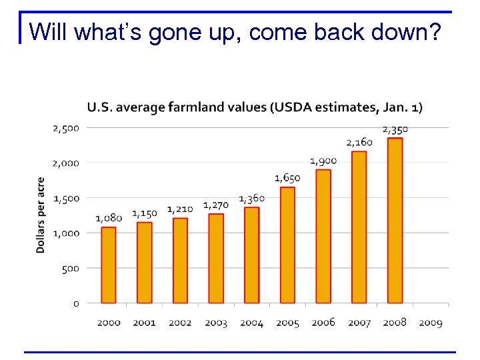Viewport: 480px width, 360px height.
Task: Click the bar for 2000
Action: click(x=108, y=265)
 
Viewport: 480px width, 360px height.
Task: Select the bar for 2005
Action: click(x=287, y=245)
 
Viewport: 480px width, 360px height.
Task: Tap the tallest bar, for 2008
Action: click(x=395, y=221)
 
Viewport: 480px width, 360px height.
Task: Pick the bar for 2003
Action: click(x=215, y=259)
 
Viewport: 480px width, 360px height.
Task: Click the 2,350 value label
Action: click(x=395, y=129)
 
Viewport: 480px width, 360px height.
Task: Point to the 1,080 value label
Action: click(x=109, y=218)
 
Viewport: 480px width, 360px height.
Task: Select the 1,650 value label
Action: click(x=287, y=178)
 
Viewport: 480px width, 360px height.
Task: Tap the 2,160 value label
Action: click(x=359, y=142)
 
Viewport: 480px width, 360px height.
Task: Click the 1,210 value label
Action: click(x=180, y=209)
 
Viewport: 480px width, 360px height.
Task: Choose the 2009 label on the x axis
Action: click(x=431, y=323)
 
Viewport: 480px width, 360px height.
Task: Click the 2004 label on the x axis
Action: click(x=251, y=323)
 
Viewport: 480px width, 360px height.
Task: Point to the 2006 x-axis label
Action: click(x=323, y=323)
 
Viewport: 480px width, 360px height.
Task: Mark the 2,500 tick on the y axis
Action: click(x=66, y=127)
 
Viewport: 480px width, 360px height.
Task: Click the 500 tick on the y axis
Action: click(x=71, y=268)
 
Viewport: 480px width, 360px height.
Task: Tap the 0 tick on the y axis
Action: click(x=76, y=303)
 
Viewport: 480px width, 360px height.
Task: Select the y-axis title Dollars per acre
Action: click(x=41, y=215)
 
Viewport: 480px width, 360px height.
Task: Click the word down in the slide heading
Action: click(x=401, y=31)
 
